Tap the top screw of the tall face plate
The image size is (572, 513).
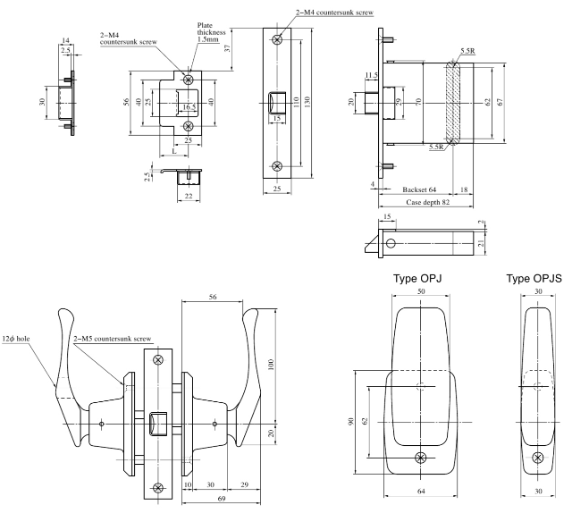279,39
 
